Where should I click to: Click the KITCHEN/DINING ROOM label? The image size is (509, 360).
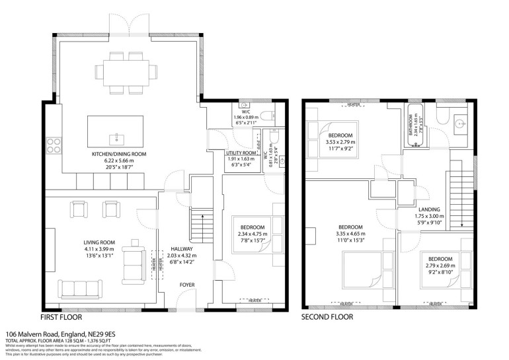click(119, 154)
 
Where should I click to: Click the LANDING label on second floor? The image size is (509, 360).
click(434, 210)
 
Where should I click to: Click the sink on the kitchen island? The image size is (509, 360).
click(116, 137)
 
